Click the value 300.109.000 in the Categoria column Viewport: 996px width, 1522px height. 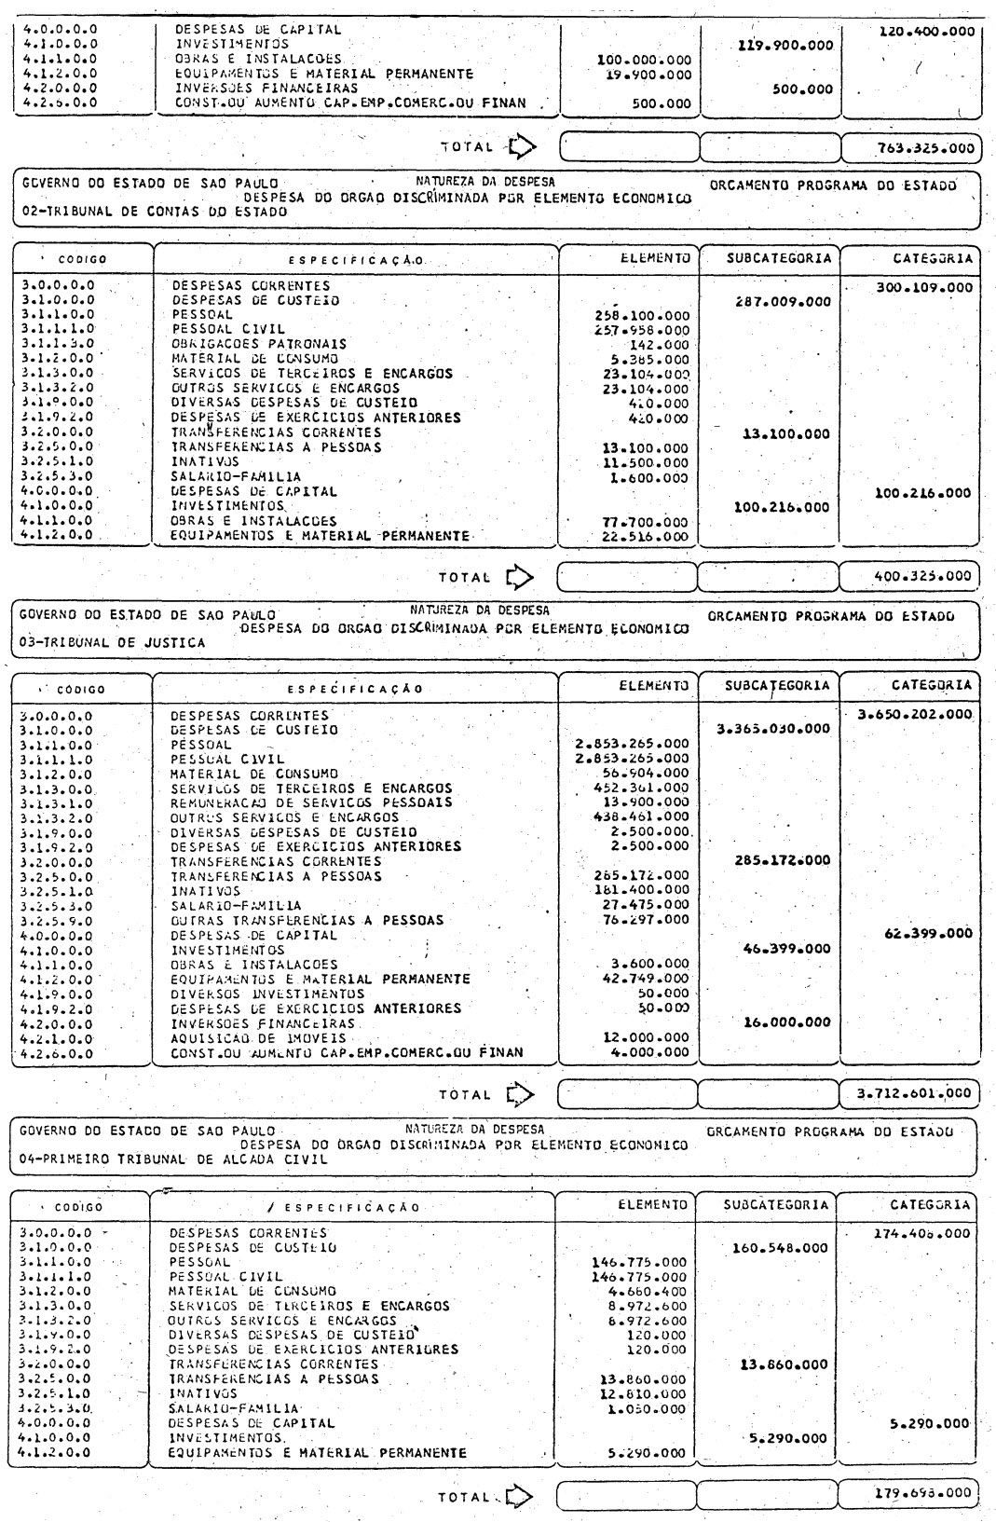(923, 287)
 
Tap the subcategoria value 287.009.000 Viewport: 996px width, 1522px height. (778, 302)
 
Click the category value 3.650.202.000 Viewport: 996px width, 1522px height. (916, 714)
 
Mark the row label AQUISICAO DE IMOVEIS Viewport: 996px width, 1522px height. (258, 1038)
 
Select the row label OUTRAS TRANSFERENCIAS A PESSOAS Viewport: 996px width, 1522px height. (293, 920)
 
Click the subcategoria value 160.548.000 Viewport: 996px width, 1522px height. (776, 1247)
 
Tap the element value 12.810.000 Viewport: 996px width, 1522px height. (643, 1393)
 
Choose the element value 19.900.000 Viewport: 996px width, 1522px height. (648, 74)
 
